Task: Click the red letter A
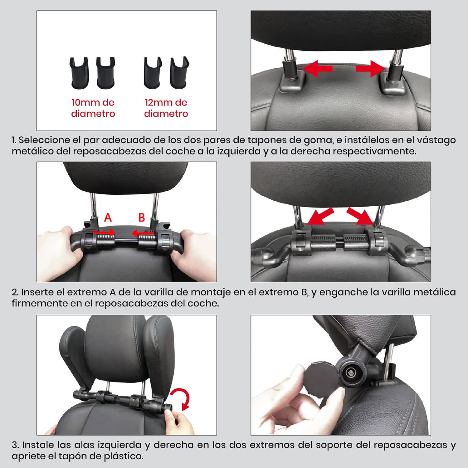[x=108, y=217]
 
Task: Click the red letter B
[x=142, y=217]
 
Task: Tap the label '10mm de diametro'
[x=93, y=108]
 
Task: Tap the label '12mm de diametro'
[x=166, y=108]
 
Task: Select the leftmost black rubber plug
[x=79, y=73]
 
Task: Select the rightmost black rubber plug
[x=180, y=73]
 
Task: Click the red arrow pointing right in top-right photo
[x=371, y=69]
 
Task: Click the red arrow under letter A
[x=104, y=233]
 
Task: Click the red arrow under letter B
[x=143, y=233]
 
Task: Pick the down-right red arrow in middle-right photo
[x=360, y=216]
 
